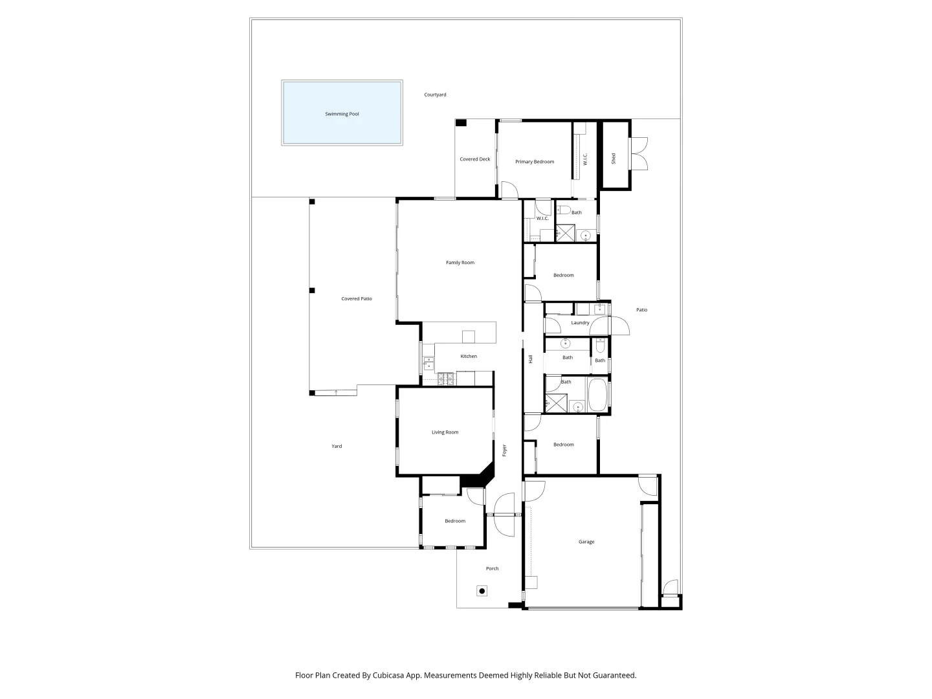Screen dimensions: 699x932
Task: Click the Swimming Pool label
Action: (342, 114)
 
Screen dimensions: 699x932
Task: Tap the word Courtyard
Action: (435, 94)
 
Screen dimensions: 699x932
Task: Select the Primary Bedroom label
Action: (535, 162)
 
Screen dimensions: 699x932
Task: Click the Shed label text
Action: (614, 158)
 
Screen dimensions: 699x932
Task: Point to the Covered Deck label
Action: (475, 159)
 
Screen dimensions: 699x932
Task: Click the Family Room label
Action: (460, 263)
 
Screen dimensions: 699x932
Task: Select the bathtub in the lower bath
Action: (597, 395)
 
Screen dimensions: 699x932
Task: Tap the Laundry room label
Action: (580, 322)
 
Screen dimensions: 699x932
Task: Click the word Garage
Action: (586, 542)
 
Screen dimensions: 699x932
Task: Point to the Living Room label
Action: (445, 432)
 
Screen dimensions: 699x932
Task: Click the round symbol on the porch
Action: (482, 591)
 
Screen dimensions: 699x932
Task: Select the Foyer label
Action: (505, 450)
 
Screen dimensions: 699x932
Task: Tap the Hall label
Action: (531, 359)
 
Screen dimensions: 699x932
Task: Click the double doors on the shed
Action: (639, 154)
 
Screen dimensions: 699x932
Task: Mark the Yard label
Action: (337, 446)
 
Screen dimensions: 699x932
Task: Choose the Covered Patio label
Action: (357, 299)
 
